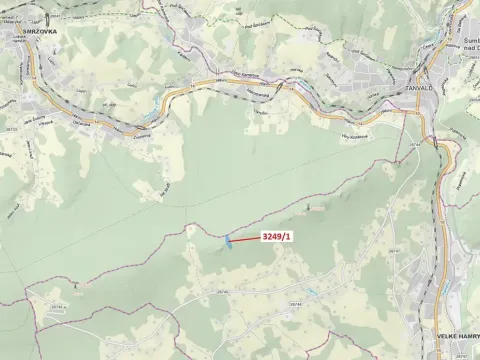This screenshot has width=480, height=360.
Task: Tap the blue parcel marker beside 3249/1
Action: coord(229,242)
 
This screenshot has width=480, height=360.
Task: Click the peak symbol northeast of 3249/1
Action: coord(309,209)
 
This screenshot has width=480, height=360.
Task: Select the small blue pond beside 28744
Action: coord(313,291)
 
